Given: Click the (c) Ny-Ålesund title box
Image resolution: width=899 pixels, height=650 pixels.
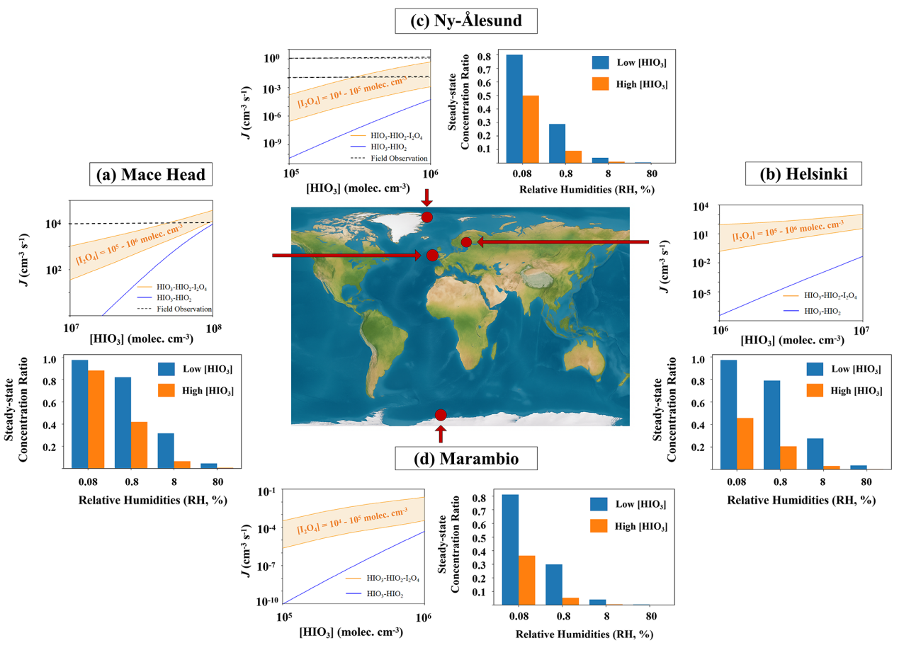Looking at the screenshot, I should (465, 21).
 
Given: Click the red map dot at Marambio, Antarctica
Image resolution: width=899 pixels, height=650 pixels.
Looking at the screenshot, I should (441, 415).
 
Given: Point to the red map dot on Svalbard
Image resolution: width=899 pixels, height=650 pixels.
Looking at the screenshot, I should (427, 217).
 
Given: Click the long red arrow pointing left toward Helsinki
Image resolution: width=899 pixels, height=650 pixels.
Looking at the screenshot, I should (563, 243).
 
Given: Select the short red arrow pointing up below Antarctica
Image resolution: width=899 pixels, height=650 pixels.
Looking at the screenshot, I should (441, 433).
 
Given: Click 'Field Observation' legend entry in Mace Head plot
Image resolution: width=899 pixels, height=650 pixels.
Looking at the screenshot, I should (185, 309).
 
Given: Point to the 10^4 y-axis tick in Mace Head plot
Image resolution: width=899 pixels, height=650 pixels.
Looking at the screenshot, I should (52, 224).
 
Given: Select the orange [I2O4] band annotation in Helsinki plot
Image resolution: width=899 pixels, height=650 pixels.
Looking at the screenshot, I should (787, 232).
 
